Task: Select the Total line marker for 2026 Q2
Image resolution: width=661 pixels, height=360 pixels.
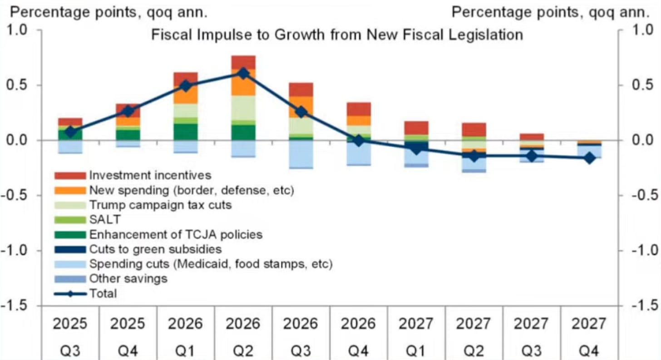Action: [x=243, y=74]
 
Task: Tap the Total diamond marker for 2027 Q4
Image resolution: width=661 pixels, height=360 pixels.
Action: [x=589, y=158]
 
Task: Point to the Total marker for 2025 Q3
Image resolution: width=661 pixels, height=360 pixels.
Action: [x=70, y=132]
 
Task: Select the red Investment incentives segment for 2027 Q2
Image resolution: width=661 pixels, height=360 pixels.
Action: [x=474, y=129]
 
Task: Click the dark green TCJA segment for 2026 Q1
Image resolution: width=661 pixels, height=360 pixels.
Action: [x=186, y=132]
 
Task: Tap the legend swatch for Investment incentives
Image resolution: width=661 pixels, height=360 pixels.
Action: [x=69, y=175]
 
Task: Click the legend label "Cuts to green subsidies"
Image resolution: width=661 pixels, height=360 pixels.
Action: [x=155, y=249]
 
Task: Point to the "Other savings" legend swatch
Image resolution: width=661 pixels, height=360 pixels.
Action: [x=69, y=279]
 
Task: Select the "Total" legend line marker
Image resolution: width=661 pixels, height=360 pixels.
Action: [x=69, y=294]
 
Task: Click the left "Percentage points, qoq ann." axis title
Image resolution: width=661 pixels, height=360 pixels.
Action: [x=109, y=12]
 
